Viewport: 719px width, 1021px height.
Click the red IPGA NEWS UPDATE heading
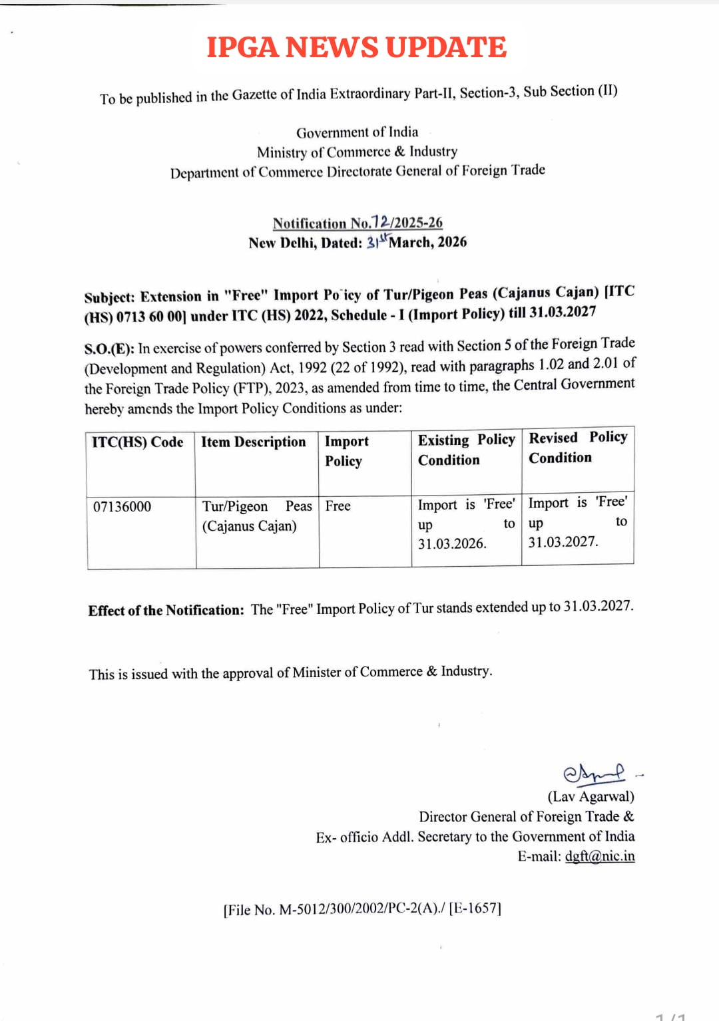(356, 47)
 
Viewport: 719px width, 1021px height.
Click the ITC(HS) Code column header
(138, 442)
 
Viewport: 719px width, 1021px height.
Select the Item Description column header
(254, 442)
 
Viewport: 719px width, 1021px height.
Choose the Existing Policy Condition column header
(466, 450)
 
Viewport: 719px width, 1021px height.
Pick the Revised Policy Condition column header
(578, 448)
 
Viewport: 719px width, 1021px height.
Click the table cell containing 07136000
(122, 507)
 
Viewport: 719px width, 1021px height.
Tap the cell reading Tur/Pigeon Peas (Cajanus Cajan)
(256, 516)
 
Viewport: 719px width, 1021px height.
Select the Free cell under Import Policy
(338, 506)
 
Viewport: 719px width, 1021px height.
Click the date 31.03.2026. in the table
(452, 544)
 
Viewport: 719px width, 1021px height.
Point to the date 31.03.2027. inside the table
(563, 542)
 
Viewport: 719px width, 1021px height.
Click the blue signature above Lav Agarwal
(594, 773)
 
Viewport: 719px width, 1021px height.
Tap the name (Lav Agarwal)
(591, 796)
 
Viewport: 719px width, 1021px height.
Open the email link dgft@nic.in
(599, 856)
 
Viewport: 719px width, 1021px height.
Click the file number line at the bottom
(362, 909)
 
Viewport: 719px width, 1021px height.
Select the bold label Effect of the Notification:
(166, 610)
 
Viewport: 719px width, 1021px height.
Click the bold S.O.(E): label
(109, 349)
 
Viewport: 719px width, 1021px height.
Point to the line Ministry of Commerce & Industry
(357, 152)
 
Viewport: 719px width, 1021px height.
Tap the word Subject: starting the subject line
(109, 297)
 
